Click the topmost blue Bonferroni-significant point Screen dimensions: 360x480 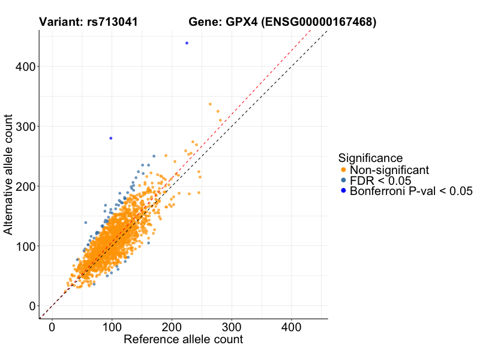point(187,43)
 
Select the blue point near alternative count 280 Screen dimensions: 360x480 point(110,138)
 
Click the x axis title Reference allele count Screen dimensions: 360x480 point(183,340)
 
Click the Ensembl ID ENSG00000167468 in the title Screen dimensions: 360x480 point(318,22)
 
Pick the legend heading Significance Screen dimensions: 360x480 point(370,158)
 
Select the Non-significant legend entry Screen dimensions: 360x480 point(389,170)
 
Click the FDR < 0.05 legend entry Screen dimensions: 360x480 point(380,181)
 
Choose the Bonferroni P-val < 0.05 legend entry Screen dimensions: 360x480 point(411,191)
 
